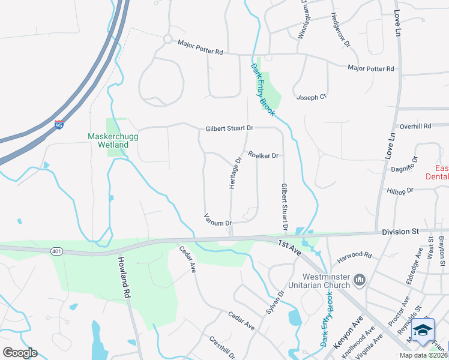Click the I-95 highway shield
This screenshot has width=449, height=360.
coord(59,125)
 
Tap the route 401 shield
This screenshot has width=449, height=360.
coord(57,251)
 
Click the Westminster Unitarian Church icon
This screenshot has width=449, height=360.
coord(360,279)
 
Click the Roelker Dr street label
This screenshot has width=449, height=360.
coord(263,156)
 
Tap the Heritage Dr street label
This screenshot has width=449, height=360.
coord(235,173)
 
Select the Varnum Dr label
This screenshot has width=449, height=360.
coord(218,219)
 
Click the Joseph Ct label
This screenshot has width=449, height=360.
coord(311,97)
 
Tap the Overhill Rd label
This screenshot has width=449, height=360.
coord(415,127)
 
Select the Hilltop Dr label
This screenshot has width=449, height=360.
coord(402,191)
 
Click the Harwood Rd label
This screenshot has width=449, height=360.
coord(355,256)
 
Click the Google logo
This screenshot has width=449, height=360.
coord(20,353)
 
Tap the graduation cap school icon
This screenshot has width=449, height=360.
coord(423,331)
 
